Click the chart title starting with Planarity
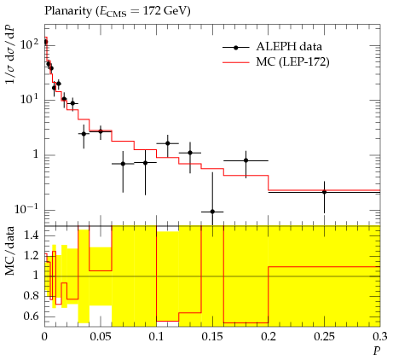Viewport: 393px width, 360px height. coord(118,11)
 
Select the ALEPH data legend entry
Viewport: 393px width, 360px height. coord(272,47)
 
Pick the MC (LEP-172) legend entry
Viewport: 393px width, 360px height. coord(276,61)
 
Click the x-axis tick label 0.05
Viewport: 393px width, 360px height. coord(100,337)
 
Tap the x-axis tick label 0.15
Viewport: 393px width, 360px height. coord(212,337)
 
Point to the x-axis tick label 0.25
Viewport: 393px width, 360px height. coord(324,337)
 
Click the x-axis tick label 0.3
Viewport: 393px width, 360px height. coord(380,337)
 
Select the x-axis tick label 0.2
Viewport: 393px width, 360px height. coord(269,337)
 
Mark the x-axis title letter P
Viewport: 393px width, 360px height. coord(377,351)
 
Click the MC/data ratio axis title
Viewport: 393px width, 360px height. coord(10,251)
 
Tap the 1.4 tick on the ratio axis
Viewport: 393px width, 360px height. coord(32,235)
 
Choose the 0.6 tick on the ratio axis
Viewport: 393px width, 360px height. coord(32,316)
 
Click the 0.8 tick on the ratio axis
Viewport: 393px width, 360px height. coord(32,296)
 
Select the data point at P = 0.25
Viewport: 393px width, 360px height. coord(324,192)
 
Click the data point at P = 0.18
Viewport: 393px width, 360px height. coord(246,160)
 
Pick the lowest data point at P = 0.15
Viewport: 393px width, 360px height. coord(212,212)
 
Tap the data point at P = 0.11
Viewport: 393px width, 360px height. coord(167,143)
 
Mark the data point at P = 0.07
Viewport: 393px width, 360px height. coord(123,164)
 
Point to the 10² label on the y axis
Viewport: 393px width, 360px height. coord(30,44)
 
